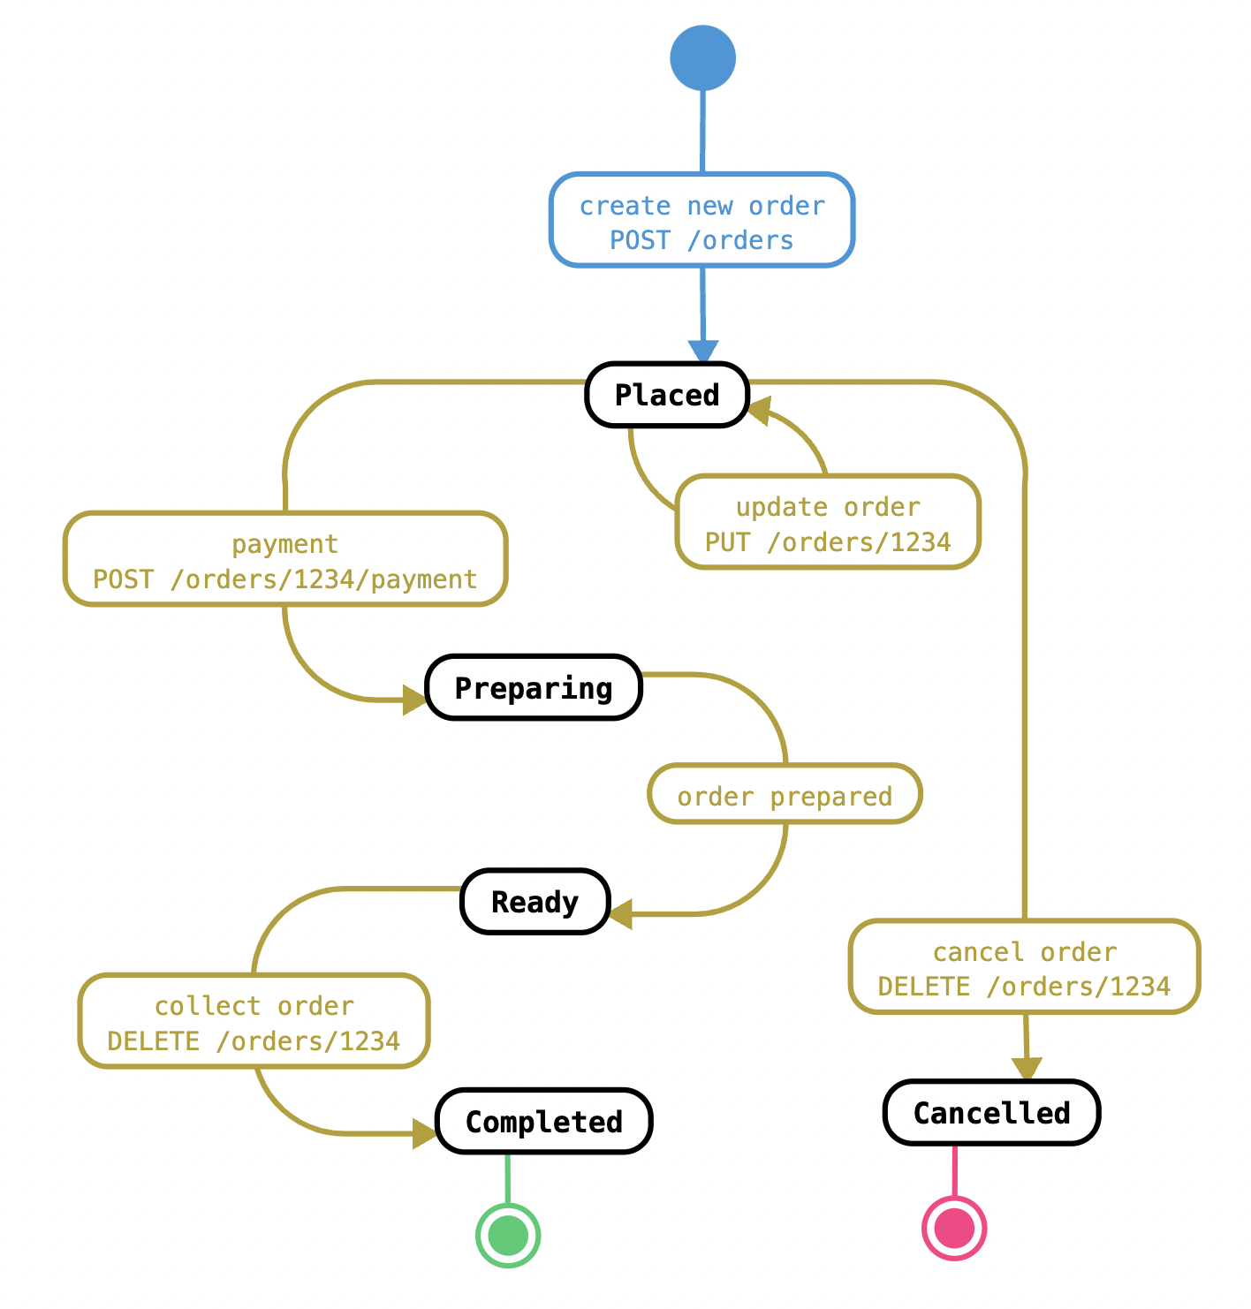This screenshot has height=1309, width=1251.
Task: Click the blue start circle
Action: [702, 57]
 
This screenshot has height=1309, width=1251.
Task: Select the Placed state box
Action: [667, 395]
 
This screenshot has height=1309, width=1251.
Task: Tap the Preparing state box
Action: [534, 687]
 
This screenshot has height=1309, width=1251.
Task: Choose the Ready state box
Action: [535, 901]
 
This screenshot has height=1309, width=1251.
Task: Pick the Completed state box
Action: [543, 1122]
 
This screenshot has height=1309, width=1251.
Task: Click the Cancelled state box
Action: [991, 1113]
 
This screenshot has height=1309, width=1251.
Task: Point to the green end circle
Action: [508, 1236]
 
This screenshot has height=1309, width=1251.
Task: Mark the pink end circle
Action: [954, 1229]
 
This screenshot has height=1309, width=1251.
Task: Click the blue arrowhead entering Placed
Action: [703, 352]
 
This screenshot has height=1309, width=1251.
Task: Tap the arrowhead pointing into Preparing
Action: [413, 700]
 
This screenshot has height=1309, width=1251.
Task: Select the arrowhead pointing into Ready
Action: [621, 914]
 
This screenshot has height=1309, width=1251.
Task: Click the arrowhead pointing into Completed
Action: [424, 1133]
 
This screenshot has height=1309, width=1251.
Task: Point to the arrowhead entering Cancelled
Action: [1027, 1068]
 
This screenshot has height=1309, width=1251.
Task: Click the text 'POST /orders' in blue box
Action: [701, 240]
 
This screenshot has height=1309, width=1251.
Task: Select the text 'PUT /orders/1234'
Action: [828, 542]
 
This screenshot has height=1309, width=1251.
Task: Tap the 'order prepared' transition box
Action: [785, 794]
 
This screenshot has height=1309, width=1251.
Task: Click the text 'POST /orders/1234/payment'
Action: [284, 579]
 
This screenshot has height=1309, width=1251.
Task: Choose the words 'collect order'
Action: [254, 1006]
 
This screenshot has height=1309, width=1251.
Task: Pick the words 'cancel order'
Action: [1024, 952]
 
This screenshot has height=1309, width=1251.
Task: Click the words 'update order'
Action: [828, 507]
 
